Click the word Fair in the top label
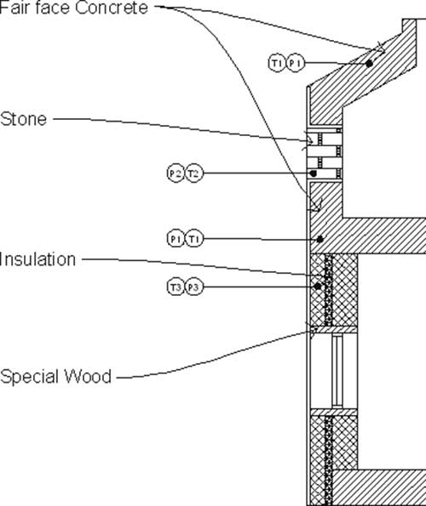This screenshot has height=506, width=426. tap(14, 8)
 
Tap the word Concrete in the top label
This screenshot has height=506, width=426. tap(112, 8)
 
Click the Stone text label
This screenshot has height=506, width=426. tap(24, 119)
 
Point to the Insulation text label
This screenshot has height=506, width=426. tap(37, 259)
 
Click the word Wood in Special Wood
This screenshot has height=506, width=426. tap(88, 377)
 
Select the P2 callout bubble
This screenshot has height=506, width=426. tap(176, 173)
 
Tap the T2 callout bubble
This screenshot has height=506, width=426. tap(193, 173)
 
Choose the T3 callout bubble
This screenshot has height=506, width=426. tap(176, 287)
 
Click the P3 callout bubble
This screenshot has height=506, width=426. tap(193, 287)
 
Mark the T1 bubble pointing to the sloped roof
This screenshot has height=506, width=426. tap(277, 63)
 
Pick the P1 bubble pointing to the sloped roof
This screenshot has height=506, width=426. tap(296, 63)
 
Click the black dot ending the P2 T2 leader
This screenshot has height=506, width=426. tap(313, 173)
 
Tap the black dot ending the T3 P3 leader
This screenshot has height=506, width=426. tap(318, 287)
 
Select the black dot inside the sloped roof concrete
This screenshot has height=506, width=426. tap(369, 64)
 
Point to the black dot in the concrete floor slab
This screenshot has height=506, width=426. tap(320, 240)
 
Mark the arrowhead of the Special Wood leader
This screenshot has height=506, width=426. tap(312, 331)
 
